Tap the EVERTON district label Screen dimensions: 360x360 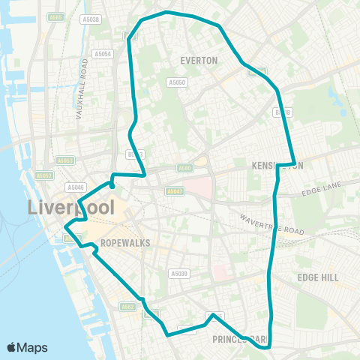tap(199, 60)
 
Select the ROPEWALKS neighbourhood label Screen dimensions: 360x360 tap(125, 244)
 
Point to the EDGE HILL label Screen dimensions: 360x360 tap(317, 277)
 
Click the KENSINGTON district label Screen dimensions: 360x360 tap(279, 165)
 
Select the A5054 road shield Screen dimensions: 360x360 tap(102, 54)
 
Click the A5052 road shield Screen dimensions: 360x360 tap(45, 175)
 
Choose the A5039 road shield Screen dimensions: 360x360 tap(178, 274)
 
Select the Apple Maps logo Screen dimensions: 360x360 tap(27, 347)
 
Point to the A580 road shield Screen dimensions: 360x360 tap(185, 169)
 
